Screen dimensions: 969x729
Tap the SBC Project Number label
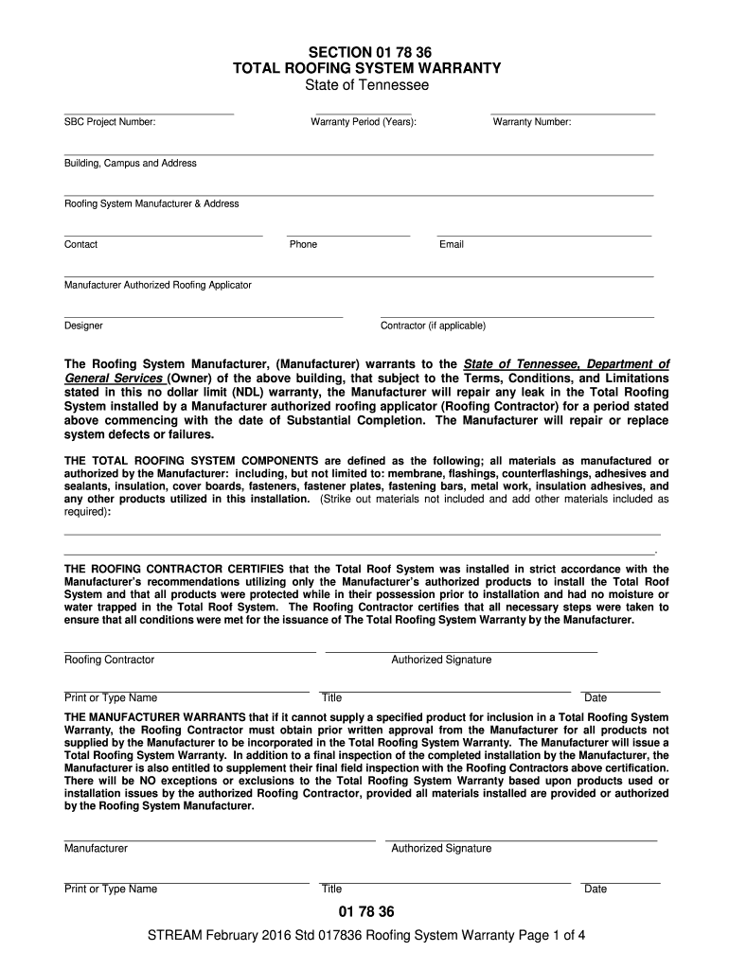click(110, 122)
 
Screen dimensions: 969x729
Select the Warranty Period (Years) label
click(364, 122)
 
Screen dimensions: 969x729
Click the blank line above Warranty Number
click(573, 114)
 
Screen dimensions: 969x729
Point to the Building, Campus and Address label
click(131, 163)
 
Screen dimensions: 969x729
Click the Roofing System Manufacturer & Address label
click(151, 203)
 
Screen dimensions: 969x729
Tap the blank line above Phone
click(348, 235)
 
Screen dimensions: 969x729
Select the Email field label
click(452, 244)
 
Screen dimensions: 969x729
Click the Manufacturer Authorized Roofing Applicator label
click(158, 285)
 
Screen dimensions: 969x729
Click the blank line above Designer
click(204, 316)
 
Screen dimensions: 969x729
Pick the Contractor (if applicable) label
click(433, 326)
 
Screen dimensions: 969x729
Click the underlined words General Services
click(113, 378)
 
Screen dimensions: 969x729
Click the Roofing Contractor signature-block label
click(109, 660)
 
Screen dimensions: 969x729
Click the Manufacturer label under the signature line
click(96, 848)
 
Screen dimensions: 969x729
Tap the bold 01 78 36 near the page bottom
click(365, 912)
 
